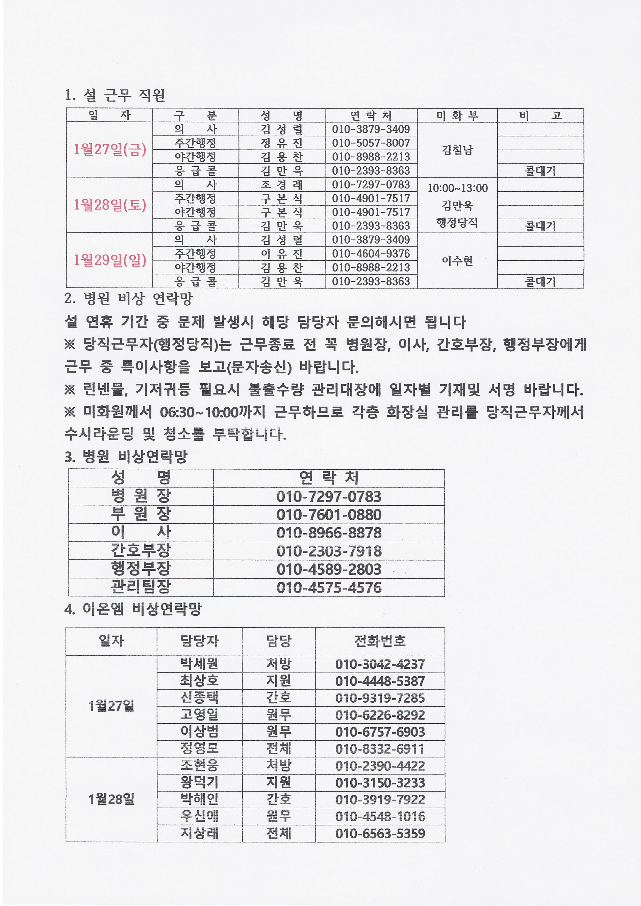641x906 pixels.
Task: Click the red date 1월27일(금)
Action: click(x=110, y=150)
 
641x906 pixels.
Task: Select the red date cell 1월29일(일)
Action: click(x=110, y=260)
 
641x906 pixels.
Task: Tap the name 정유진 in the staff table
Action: click(x=281, y=143)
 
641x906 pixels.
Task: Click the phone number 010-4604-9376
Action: click(x=371, y=254)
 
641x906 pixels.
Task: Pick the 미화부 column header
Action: click(x=457, y=115)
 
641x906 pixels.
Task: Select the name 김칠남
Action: click(x=457, y=150)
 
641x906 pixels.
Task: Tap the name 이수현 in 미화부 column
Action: click(x=457, y=260)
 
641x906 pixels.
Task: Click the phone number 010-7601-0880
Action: click(x=329, y=515)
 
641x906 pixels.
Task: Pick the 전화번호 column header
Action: click(x=380, y=641)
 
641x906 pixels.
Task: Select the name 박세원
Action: click(x=199, y=664)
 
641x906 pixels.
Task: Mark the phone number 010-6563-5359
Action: click(x=380, y=833)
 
